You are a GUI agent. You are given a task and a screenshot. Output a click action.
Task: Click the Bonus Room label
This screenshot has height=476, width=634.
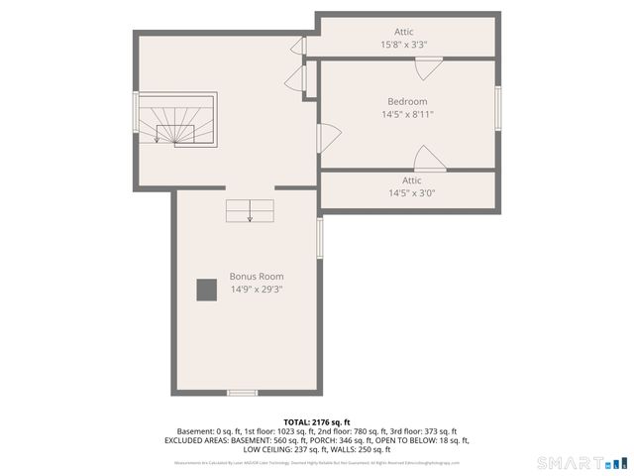(x=257, y=277)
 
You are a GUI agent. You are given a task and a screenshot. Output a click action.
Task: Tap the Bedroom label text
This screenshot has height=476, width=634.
(x=407, y=101)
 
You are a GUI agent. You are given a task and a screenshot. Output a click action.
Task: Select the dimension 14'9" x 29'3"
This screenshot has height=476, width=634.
(x=257, y=290)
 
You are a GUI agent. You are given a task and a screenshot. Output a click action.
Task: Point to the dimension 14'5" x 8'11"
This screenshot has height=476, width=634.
(x=407, y=115)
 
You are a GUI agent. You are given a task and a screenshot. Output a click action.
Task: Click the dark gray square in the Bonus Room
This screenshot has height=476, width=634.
(x=206, y=290)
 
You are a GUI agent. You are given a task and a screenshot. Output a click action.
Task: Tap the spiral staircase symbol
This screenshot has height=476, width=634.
(x=176, y=122)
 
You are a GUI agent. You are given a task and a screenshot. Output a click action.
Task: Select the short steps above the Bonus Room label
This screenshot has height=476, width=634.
(x=250, y=211)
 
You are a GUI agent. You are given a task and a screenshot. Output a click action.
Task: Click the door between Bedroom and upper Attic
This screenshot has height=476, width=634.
(x=428, y=68)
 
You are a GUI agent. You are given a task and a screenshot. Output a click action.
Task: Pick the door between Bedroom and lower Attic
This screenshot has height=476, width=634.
(x=429, y=160)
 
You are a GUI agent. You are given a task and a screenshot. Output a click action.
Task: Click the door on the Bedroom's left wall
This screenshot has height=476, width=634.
(x=328, y=135)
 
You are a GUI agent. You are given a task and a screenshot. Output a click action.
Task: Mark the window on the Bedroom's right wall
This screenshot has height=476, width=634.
(x=498, y=108)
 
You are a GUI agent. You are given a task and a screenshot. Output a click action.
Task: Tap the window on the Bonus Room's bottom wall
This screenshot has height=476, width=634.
(x=242, y=393)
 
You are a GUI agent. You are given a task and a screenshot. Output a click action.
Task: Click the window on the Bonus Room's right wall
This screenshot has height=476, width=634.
(x=319, y=238)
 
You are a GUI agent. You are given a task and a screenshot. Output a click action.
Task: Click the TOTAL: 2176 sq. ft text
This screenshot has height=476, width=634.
(x=316, y=422)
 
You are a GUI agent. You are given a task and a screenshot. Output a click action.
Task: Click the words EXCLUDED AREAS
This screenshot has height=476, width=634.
(x=195, y=440)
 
